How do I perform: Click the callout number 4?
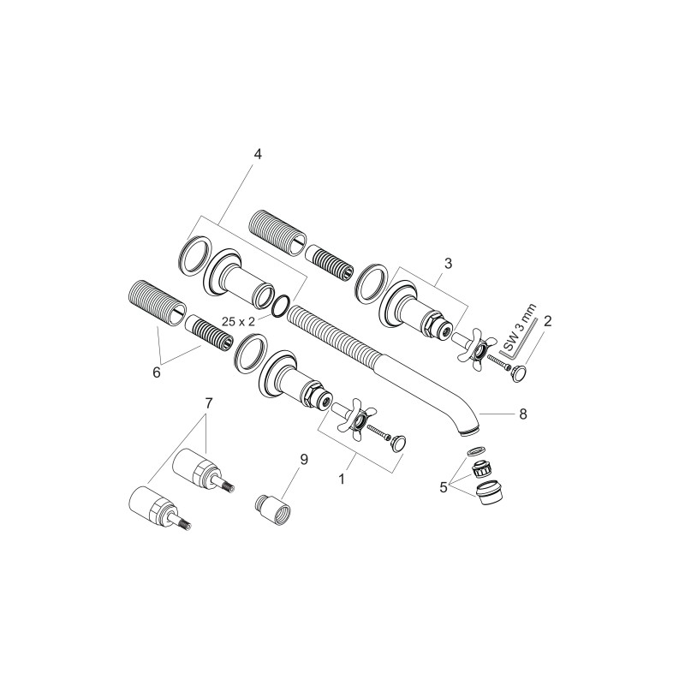coord(258,154)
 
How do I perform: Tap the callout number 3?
coord(448,264)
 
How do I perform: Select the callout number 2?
coord(547,322)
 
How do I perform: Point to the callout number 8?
coord(523,414)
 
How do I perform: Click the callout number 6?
coord(157,373)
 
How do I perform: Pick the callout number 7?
coord(208,403)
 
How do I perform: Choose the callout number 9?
coord(304,460)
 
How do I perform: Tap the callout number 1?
coord(342,479)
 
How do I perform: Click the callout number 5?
coord(444,487)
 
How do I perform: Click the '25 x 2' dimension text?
coord(238,322)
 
